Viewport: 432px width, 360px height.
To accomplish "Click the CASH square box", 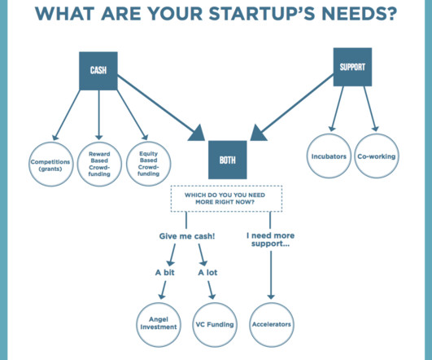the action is coord(98,71).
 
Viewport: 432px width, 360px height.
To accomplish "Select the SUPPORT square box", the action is coord(352,67).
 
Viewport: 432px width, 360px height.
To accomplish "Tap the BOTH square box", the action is coord(228,160).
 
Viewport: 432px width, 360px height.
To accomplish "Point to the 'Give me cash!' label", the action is coord(187,236).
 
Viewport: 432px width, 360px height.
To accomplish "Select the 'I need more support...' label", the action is coord(271,239).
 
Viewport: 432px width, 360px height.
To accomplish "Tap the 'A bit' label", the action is coord(165,273).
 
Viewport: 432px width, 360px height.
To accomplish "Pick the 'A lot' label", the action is coord(207,273).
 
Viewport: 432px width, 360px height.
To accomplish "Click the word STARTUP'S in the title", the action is coord(262,14).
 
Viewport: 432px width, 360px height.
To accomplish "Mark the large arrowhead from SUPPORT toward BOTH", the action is coord(258,134).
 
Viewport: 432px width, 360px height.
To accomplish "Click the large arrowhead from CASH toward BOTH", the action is coord(197,134).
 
